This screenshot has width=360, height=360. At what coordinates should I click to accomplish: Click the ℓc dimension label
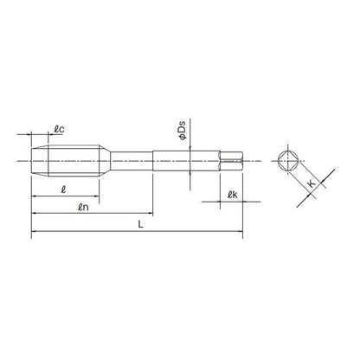pyautogui.click(x=59, y=131)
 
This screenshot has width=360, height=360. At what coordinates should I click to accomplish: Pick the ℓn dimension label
pyautogui.click(x=85, y=206)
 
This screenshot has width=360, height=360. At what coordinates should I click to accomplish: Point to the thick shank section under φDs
pyautogui.click(x=190, y=162)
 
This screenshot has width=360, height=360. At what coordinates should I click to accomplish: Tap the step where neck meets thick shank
pyautogui.click(x=154, y=162)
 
